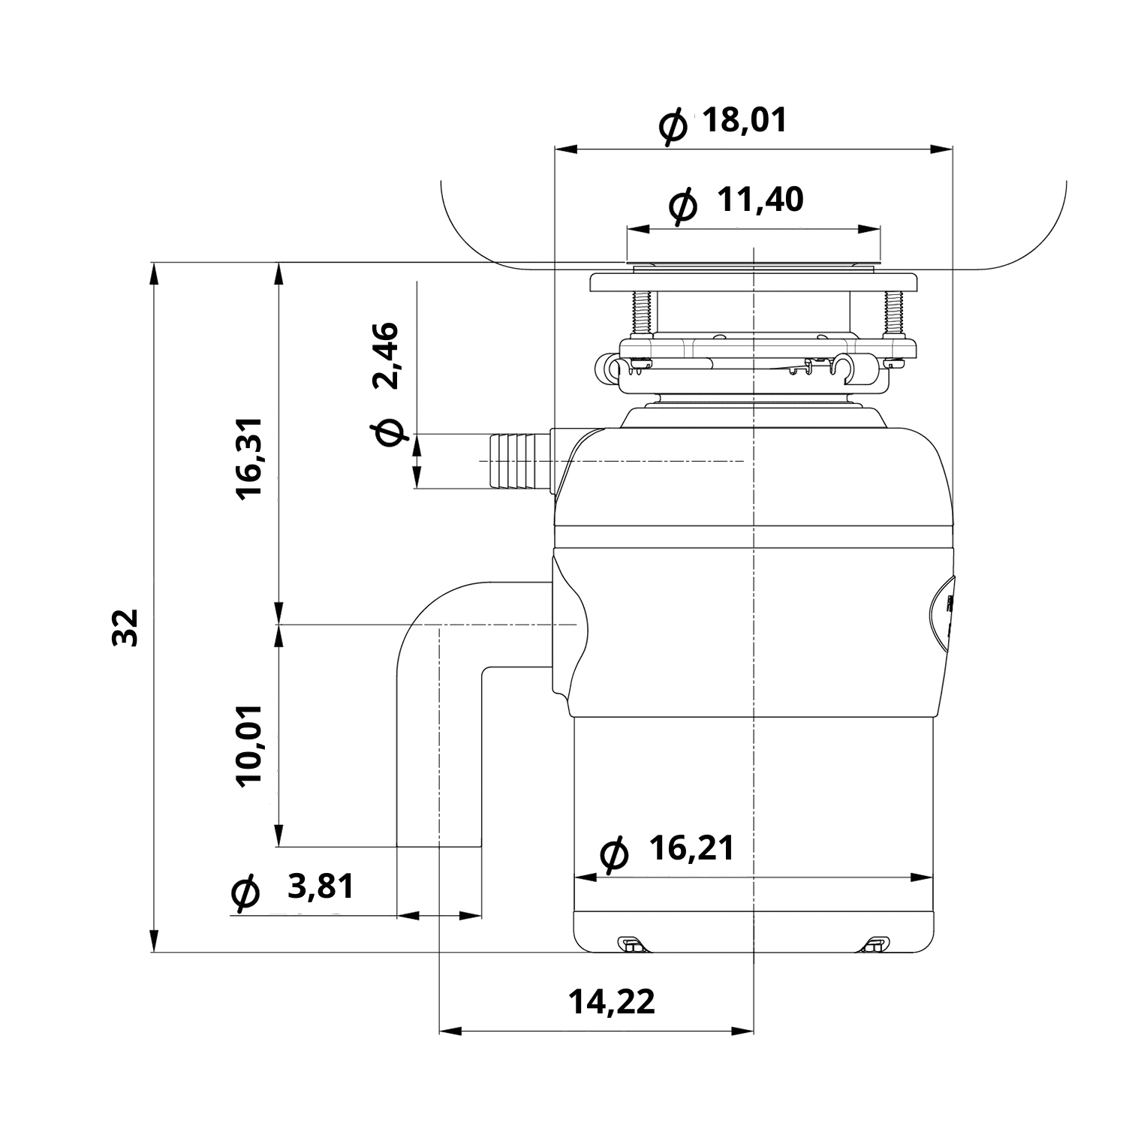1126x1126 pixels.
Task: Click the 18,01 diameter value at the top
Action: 745,120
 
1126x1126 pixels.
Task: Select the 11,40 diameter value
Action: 760,200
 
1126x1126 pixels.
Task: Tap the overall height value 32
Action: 125,628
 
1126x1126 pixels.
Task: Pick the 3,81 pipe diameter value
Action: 321,887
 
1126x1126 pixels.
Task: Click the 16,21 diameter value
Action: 691,848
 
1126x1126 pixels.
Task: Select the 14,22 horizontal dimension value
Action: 611,1001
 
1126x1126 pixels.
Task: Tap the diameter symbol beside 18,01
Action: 673,125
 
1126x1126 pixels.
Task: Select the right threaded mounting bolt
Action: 893,312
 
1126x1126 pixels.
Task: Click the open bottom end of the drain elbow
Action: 439,846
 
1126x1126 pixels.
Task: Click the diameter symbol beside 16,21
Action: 615,855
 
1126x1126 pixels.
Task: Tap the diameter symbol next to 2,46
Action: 388,432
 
